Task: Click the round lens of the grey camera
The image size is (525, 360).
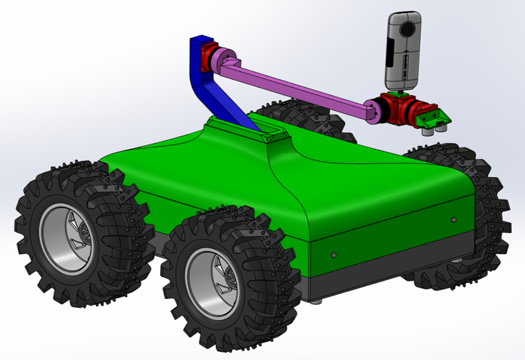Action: tap(408, 27)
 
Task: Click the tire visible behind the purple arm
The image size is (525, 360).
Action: tap(290, 116)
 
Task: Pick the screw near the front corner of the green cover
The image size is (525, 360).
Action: tap(332, 255)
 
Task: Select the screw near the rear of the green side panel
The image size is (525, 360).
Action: tap(453, 218)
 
